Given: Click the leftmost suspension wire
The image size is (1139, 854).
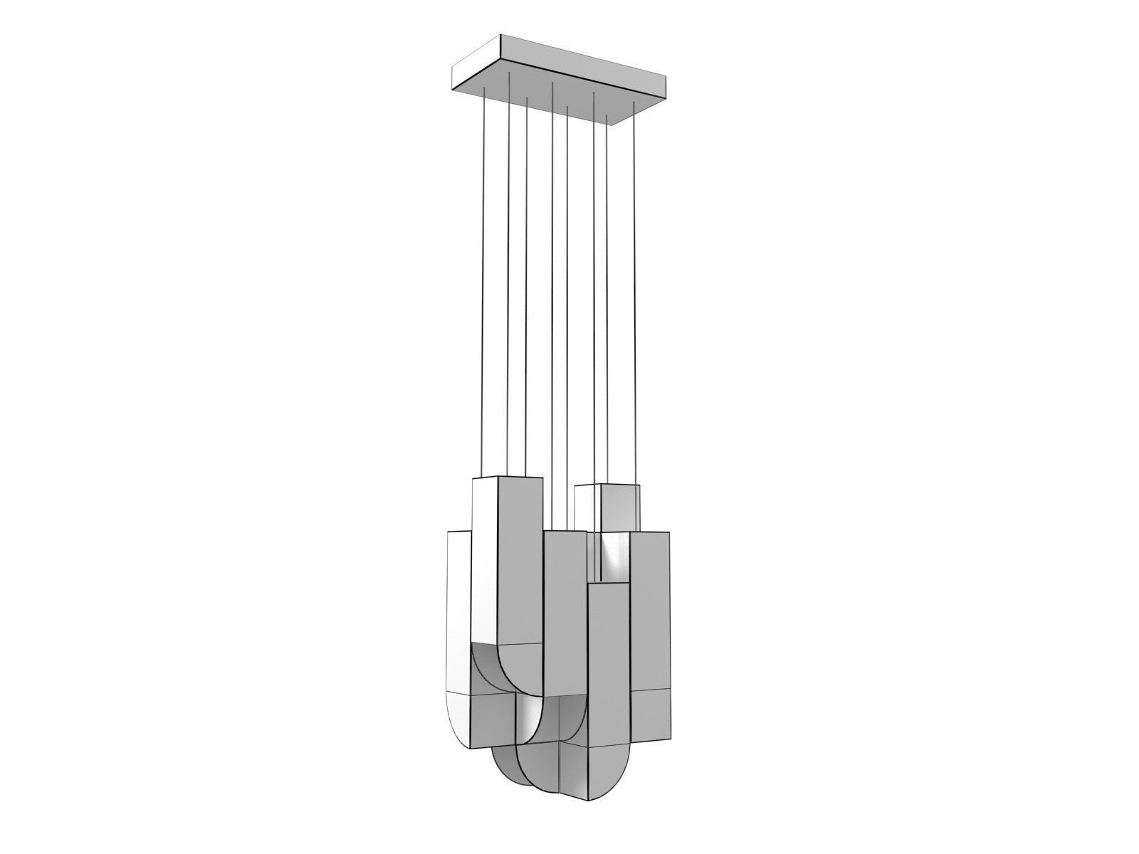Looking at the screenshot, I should click(x=484, y=285).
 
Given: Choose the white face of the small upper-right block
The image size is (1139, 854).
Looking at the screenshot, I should click(x=587, y=508).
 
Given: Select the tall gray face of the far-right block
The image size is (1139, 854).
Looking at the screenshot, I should click(x=651, y=612).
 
